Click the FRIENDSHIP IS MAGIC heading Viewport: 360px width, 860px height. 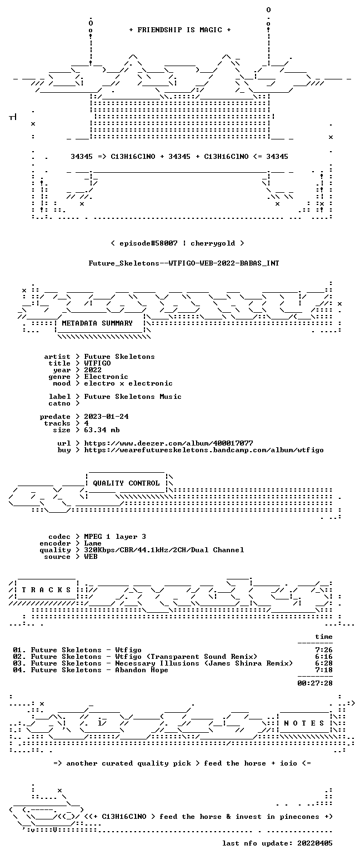click(180, 30)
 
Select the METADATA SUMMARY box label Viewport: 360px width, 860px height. click(97, 323)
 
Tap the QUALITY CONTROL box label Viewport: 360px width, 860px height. click(126, 483)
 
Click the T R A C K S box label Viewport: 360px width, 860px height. click(47, 590)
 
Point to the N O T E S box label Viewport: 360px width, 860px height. click(304, 723)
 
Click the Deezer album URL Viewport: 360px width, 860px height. click(168, 443)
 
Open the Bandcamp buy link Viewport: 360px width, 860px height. click(204, 450)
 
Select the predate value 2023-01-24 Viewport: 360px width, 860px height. click(106, 417)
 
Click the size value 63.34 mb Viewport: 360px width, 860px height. click(102, 430)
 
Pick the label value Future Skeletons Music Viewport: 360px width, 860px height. click(133, 397)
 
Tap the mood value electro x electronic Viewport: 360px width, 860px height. click(128, 383)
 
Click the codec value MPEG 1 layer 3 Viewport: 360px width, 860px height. click(115, 537)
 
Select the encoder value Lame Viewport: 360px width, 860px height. click(93, 543)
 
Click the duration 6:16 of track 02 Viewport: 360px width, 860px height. click(324, 657)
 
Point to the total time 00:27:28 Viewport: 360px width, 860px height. click(315, 683)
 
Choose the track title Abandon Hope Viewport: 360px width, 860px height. click(142, 670)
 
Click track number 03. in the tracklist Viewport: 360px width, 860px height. click(19, 663)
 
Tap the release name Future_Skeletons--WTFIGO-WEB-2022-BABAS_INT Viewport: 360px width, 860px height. click(184, 263)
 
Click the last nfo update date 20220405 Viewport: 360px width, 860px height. click(315, 843)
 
